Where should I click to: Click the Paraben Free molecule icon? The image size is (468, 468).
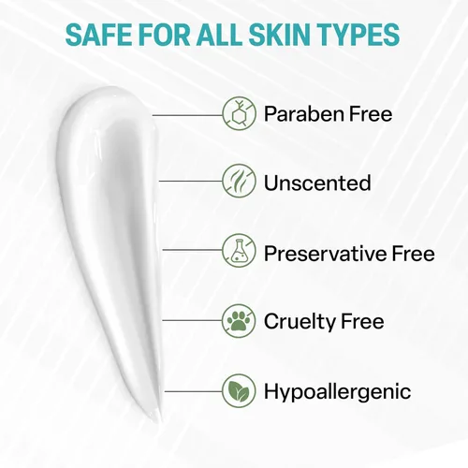tap(240, 113)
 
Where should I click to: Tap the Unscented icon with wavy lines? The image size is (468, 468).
tap(240, 181)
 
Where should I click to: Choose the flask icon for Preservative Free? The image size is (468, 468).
tap(240, 251)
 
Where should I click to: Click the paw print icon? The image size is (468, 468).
tap(239, 321)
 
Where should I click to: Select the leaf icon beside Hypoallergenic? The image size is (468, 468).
tap(240, 390)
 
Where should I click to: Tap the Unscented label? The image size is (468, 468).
tap(317, 183)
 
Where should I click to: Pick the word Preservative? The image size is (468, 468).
tap(326, 253)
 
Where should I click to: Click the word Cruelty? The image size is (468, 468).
tap(300, 321)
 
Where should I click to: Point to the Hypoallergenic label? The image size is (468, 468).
tap(338, 392)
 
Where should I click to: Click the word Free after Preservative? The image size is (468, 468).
tap(414, 253)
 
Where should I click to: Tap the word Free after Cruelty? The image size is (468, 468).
tap(362, 321)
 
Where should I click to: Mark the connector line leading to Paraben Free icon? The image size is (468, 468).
tap(187, 115)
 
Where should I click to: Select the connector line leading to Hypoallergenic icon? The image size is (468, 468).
tap(194, 391)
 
